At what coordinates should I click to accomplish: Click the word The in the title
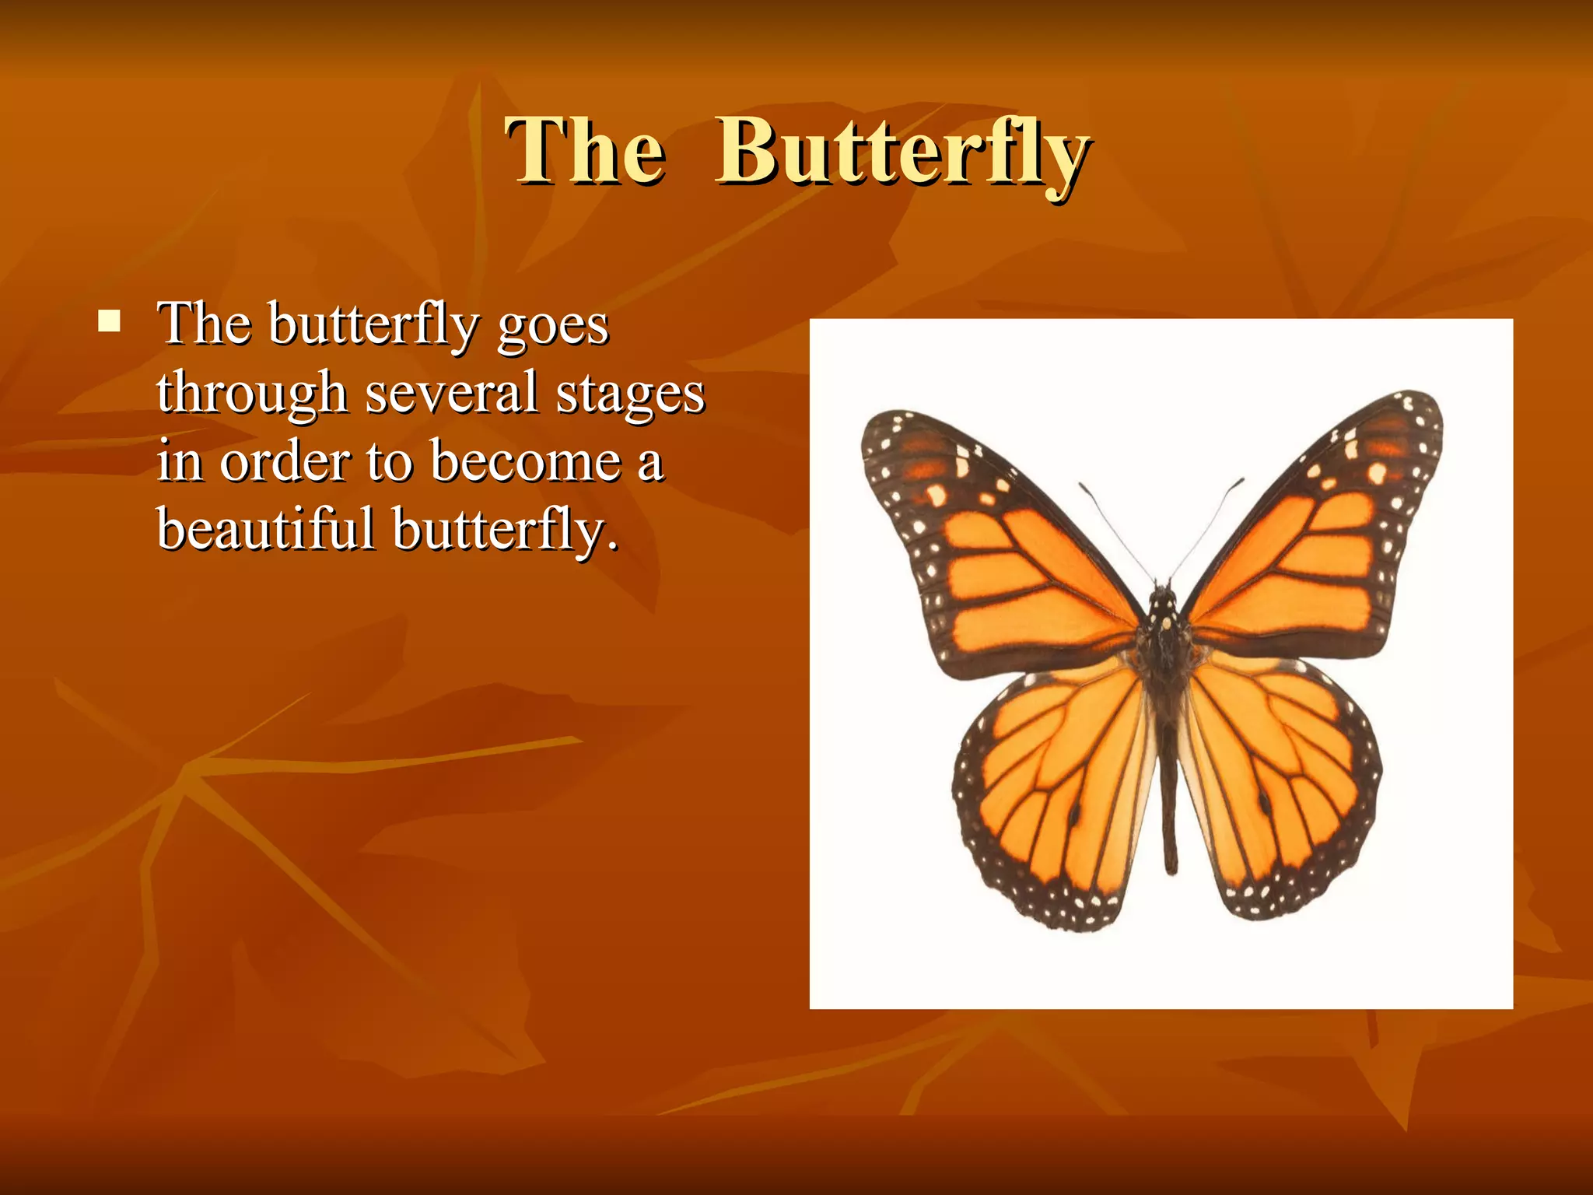pyautogui.click(x=585, y=152)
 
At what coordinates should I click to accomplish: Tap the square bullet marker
pyautogui.click(x=110, y=321)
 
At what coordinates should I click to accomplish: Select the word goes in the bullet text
pyautogui.click(x=553, y=325)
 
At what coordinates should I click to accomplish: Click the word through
pyautogui.click(x=251, y=394)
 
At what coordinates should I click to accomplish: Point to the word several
pyautogui.click(x=451, y=392)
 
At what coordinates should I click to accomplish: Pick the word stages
pyautogui.click(x=630, y=394)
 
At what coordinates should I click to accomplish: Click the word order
pyautogui.click(x=285, y=461)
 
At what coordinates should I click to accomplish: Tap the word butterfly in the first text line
pyautogui.click(x=373, y=325)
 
